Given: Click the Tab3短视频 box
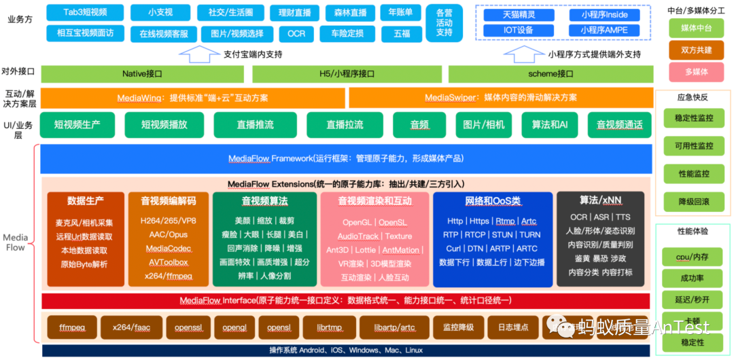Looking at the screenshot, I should coord(85,12).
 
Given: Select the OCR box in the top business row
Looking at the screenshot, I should coord(296,33).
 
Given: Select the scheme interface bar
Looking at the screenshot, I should coord(550,73).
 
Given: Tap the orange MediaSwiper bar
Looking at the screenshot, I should coord(500,98).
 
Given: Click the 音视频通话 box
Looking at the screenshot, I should coord(619,125).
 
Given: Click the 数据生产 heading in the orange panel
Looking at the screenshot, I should coord(86,201).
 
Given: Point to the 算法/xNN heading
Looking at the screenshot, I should coord(600,200).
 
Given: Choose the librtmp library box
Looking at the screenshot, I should coord(329,327).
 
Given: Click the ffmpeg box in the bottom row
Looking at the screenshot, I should coord(71,327).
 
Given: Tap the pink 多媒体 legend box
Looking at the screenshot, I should coord(695,71).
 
